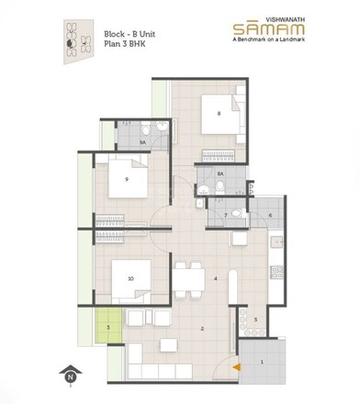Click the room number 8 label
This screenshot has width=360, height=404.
click(x=219, y=114)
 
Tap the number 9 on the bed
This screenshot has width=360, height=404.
click(x=126, y=180)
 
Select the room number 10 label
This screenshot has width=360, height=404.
click(x=131, y=277)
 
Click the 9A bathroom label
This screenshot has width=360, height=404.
click(x=142, y=143)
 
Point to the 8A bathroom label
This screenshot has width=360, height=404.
click(x=219, y=173)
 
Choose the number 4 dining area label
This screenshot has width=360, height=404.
click(x=215, y=278)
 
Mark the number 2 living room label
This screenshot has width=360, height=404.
click(x=202, y=328)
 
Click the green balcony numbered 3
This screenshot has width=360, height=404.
click(x=108, y=324)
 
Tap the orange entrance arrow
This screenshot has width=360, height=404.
click(x=237, y=366)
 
